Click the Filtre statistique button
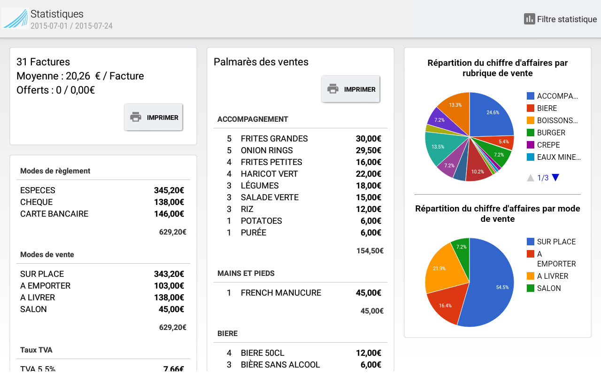coord(561,19)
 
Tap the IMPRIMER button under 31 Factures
coord(154,117)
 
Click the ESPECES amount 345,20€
coord(169,190)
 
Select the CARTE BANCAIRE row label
coord(54,214)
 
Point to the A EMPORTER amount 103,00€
coord(169,286)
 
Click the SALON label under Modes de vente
coord(33,309)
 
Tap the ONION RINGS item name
coord(267,150)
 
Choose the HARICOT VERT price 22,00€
coord(368,174)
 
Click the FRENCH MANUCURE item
coord(281,293)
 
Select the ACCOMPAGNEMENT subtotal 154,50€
coord(370,251)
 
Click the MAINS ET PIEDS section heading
coord(246,273)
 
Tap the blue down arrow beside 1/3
coord(556,178)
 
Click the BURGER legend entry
coord(551,133)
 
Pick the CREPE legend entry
coord(548,145)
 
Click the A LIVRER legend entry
coord(552,276)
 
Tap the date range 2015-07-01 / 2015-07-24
coord(71,26)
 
